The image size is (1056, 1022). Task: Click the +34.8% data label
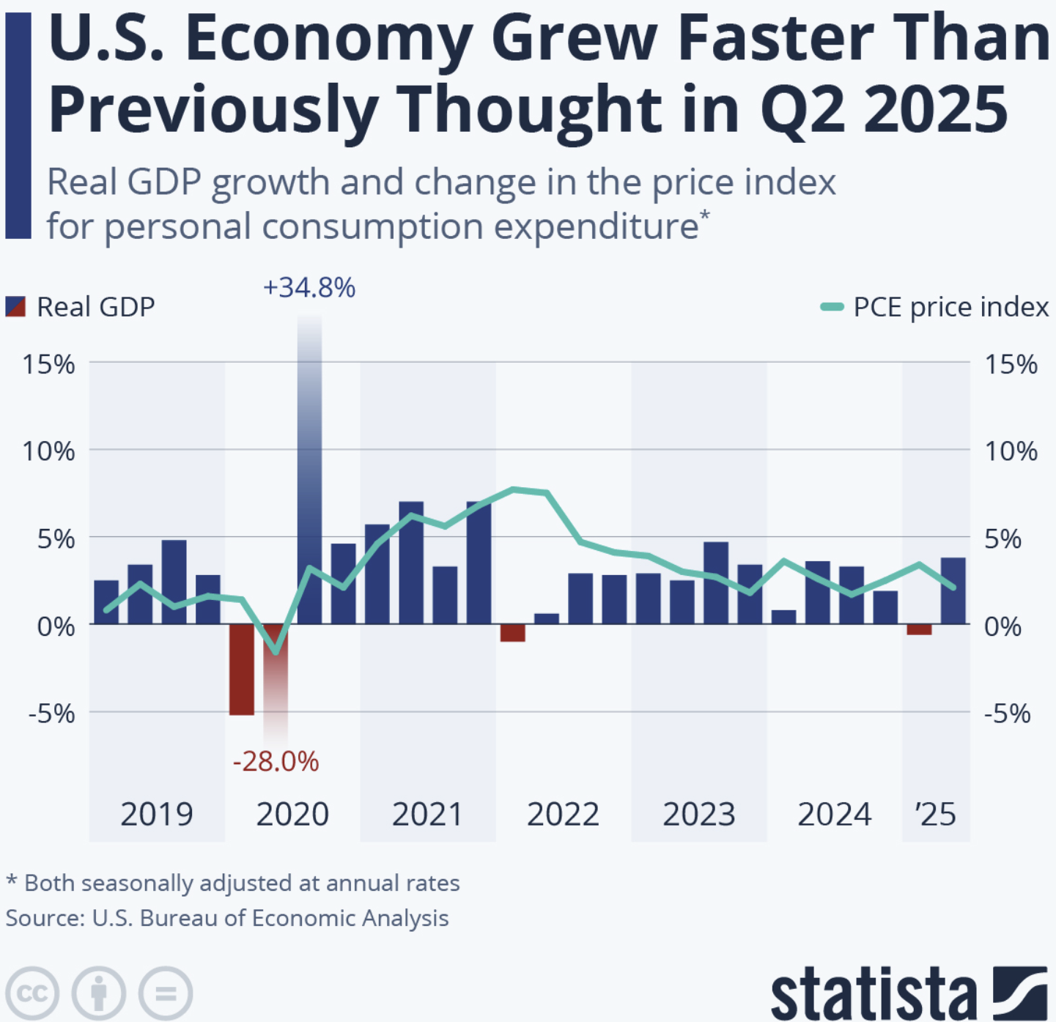coord(309,288)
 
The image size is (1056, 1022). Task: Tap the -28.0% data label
coord(276,762)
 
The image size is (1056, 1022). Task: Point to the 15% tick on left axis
coord(48,364)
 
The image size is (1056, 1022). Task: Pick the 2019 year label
coord(156,815)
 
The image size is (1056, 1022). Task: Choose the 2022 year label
coord(563,815)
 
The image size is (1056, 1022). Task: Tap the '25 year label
coord(935,815)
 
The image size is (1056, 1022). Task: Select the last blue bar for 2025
coord(953,590)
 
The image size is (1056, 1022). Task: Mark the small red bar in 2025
coord(919,629)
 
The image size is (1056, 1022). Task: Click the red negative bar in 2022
coord(513,632)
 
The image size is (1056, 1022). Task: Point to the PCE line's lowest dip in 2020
coord(276,651)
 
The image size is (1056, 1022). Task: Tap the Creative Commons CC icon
coord(32,993)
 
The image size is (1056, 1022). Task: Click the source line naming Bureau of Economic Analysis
coord(227,919)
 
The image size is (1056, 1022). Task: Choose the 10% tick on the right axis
coord(1011,451)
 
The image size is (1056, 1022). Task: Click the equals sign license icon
coord(166,993)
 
